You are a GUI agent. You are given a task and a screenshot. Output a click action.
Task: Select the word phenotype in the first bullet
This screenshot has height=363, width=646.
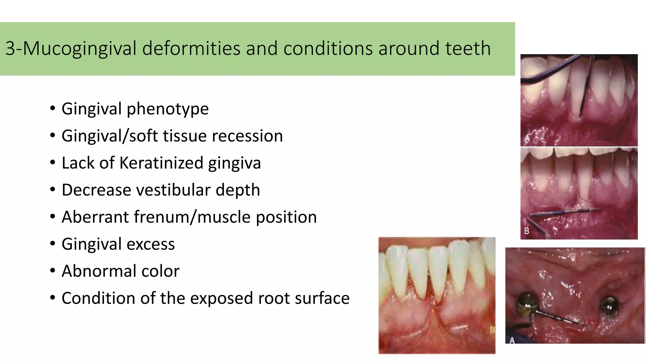point(167,109)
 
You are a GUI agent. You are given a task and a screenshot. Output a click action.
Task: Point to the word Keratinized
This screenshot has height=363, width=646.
point(161,163)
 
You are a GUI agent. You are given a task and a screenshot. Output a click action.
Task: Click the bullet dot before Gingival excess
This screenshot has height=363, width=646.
point(52,243)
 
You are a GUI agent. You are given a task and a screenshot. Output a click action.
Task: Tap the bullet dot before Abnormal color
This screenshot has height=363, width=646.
point(52,270)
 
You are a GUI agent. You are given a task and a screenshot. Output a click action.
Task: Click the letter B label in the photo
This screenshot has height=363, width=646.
point(527,231)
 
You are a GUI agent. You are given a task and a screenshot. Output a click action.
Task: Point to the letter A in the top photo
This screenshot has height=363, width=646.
point(527,139)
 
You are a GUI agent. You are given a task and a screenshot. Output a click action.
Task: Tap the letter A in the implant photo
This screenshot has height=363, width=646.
point(512,340)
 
